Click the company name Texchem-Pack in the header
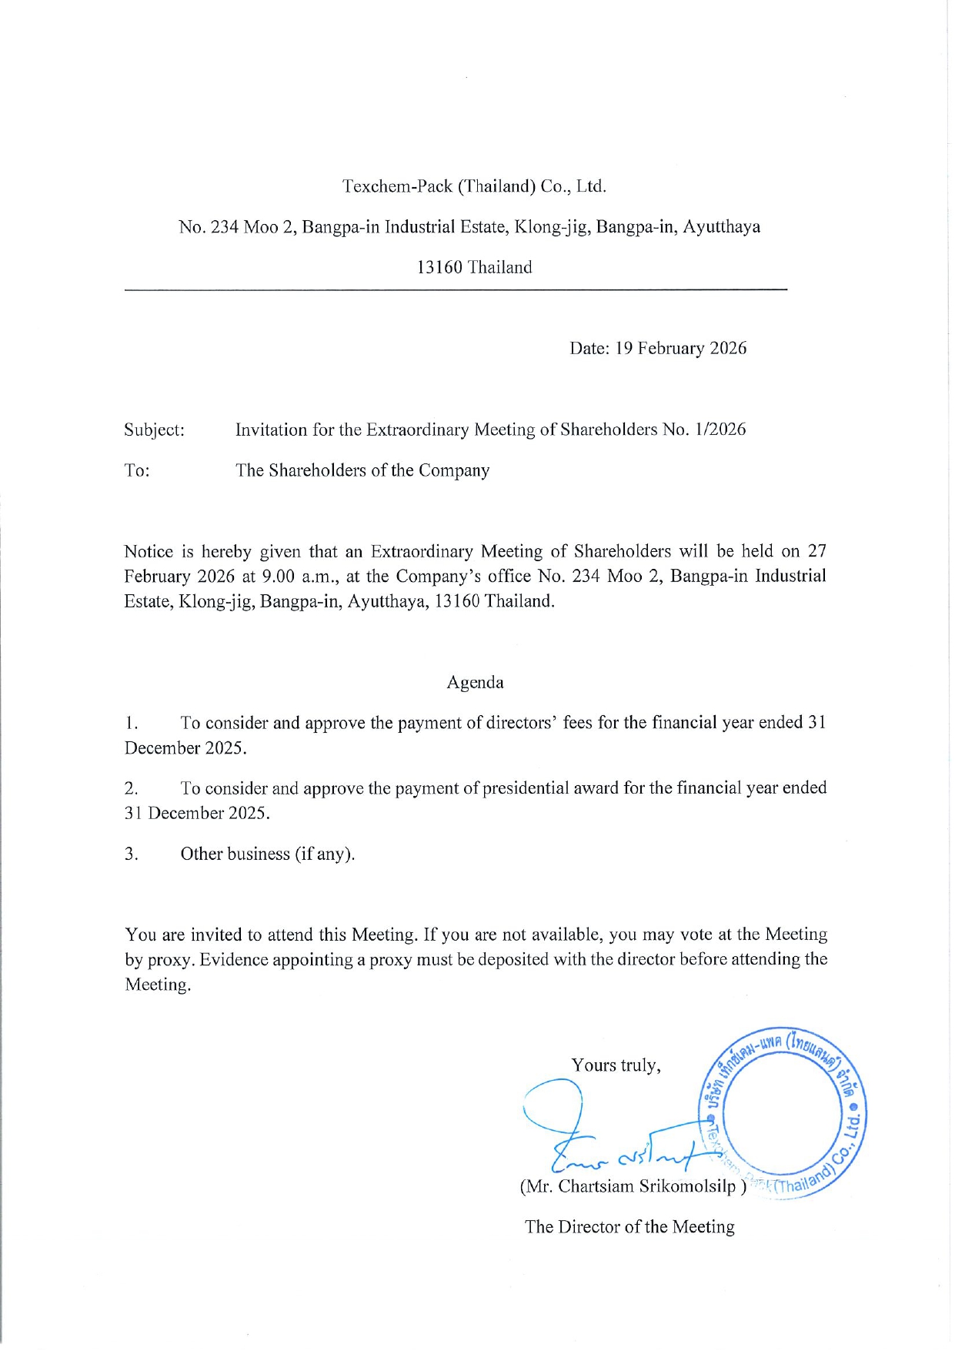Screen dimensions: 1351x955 (397, 186)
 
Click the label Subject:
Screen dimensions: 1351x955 (154, 430)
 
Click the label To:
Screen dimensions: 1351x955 (137, 471)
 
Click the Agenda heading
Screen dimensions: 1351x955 (475, 683)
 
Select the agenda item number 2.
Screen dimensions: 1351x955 (132, 789)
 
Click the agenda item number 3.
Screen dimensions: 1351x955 (132, 854)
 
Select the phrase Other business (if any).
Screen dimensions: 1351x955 (267, 854)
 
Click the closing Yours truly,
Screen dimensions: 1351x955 (616, 1065)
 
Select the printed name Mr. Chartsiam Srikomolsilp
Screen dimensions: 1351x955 (633, 1186)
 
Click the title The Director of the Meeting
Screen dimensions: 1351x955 (629, 1227)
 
